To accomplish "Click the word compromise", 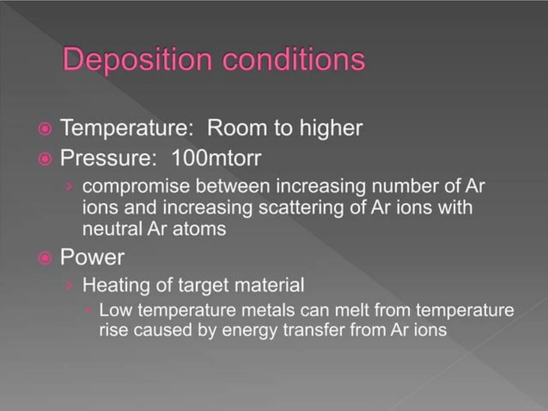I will [x=136, y=186].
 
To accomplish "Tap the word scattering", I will [x=301, y=208].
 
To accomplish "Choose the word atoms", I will [x=199, y=229].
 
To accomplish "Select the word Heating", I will [x=116, y=285].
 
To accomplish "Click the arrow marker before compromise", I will [x=69, y=186].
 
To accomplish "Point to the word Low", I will [x=116, y=310].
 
